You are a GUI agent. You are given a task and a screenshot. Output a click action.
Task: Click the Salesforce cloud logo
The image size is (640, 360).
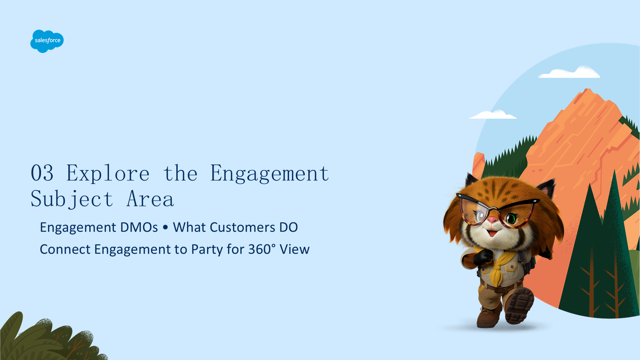pos(47,41)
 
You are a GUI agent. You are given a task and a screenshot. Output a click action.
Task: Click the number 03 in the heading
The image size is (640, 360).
pos(42,173)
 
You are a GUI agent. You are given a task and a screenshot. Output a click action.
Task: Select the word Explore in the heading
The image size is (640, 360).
pos(108,173)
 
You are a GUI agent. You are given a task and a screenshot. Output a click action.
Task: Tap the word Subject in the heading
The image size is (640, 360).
pos(72,199)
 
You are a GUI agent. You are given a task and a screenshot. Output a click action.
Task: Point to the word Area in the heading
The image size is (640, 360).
pos(150,199)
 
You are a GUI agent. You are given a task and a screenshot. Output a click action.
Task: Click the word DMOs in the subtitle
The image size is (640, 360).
pos(139,227)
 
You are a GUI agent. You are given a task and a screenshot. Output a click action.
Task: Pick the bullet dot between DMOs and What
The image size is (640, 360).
pos(165,227)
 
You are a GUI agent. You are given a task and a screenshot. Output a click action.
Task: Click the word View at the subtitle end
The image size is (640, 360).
pos(295,249)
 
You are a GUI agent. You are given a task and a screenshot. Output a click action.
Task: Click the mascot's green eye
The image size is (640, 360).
pos(511,219)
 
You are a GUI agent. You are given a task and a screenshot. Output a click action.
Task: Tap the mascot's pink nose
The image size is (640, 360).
pos(492,220)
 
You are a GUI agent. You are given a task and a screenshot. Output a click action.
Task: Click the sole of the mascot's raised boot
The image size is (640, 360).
pos(519,306)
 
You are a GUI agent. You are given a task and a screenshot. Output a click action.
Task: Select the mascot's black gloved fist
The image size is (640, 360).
pos(482,257)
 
